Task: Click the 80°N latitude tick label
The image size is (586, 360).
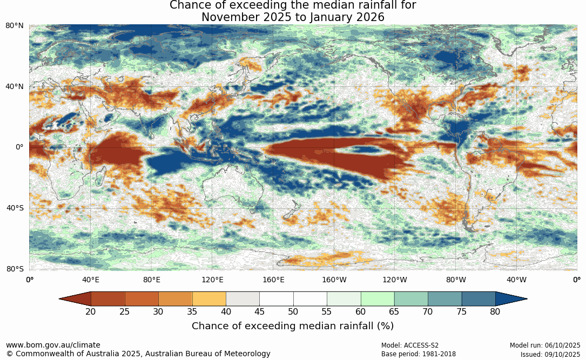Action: pos(15,25)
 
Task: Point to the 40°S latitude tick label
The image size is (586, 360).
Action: pos(15,208)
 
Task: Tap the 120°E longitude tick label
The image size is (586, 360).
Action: pos(212,280)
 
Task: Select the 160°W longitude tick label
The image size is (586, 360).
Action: pos(334,280)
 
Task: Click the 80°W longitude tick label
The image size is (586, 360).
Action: pos(456,280)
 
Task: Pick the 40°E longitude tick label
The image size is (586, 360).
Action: pos(91,280)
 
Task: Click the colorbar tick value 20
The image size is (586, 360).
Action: pos(91,311)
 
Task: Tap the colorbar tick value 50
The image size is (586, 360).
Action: pos(293,311)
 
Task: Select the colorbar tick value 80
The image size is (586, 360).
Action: pos(495,311)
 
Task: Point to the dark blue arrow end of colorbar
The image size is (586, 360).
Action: pos(510,298)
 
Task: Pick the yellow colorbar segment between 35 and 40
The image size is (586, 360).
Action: pos(208,298)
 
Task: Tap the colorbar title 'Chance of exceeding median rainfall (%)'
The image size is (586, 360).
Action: pos(293,326)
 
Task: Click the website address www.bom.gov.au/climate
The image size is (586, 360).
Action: pos(53,345)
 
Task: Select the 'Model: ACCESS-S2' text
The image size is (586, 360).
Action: pos(410,345)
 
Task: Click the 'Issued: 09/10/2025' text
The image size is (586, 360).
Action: pos(550,355)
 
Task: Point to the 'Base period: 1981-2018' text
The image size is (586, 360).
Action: pos(419,354)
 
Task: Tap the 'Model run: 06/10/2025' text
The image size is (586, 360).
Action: pos(545,345)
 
